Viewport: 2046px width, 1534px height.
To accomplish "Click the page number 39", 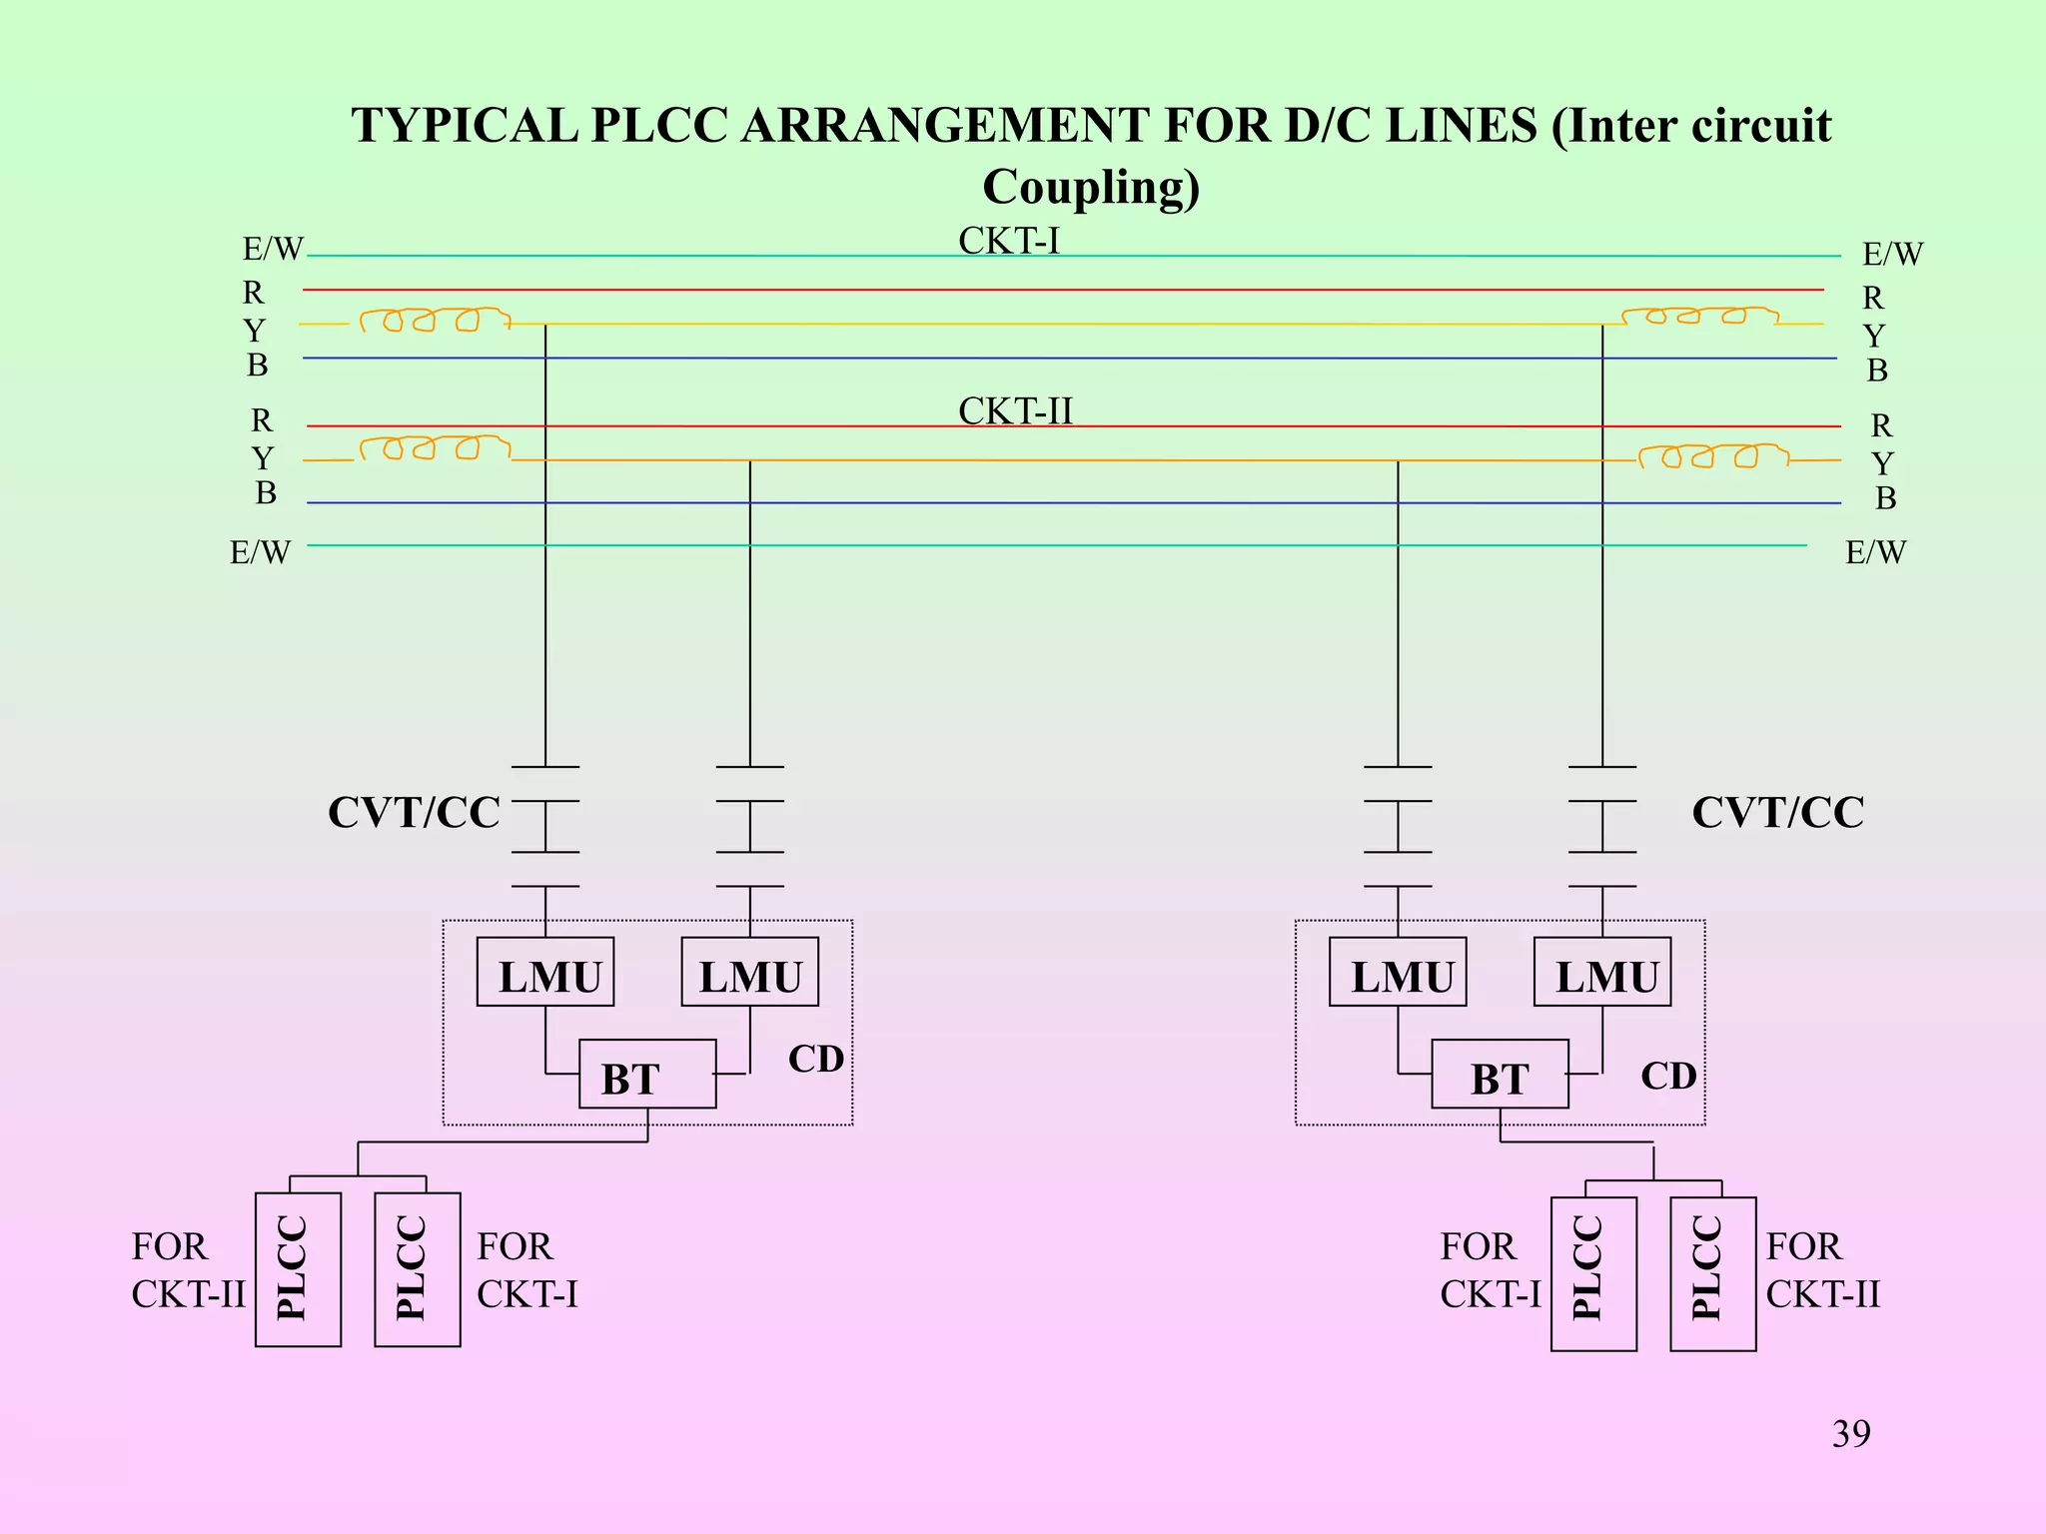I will click(x=1850, y=1434).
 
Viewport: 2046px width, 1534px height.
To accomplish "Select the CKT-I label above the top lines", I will click(x=1008, y=241).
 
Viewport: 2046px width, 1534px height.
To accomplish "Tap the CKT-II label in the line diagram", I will click(x=1015, y=411).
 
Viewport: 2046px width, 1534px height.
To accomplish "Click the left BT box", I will click(x=647, y=1075).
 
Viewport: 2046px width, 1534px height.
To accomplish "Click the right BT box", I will click(x=1500, y=1075).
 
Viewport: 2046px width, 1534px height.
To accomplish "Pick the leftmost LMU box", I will click(x=545, y=972).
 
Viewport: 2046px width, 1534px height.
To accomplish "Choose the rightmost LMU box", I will click(x=1602, y=972).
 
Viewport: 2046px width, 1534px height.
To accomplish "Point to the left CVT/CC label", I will click(x=414, y=813).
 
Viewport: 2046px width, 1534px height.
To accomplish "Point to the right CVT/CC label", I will click(x=1777, y=813).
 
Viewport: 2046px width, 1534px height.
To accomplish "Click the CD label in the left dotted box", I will click(x=816, y=1060).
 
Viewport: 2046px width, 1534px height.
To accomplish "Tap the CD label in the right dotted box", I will click(x=1668, y=1076).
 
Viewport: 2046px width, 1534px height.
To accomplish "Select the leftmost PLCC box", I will click(x=298, y=1269).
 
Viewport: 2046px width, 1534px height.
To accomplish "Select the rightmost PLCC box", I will click(x=1712, y=1273).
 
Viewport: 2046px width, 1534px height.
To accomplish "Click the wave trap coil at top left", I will click(x=435, y=320).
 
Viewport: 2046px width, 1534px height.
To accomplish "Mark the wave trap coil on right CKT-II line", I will click(x=1712, y=456).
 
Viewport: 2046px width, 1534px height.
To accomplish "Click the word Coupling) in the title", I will click(x=1091, y=188).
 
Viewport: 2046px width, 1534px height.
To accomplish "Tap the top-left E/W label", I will click(x=272, y=249).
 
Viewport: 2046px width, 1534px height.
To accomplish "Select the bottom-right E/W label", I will click(x=1875, y=552).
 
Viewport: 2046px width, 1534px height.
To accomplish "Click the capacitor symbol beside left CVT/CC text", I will click(x=545, y=827).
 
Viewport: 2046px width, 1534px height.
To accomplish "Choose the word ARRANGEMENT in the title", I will click(x=944, y=126).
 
